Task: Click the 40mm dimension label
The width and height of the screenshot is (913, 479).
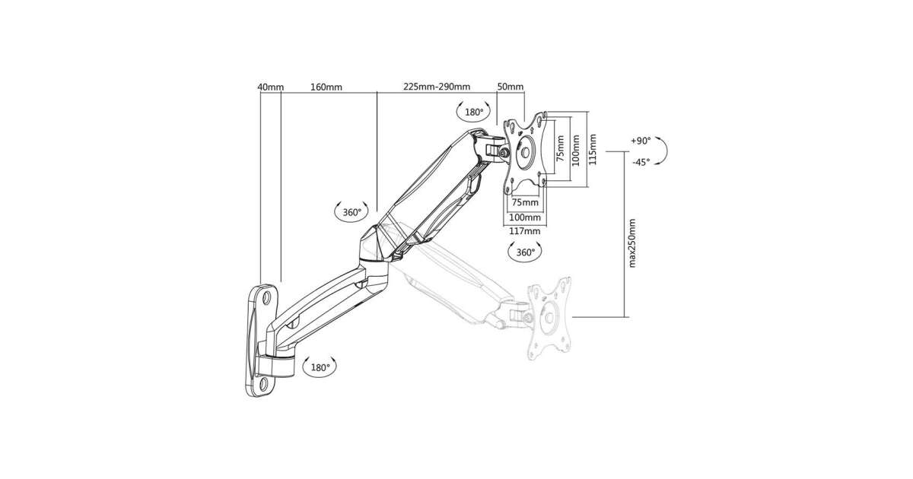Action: [x=271, y=87]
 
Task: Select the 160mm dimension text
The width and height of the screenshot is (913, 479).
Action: [x=326, y=87]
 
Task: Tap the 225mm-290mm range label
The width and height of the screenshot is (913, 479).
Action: [x=437, y=87]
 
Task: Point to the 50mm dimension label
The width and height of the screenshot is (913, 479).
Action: [x=511, y=87]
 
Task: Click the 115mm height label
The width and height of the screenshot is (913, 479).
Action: [x=593, y=150]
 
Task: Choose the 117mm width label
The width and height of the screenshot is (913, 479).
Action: [x=525, y=231]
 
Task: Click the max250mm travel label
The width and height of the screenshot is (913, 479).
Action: [x=632, y=243]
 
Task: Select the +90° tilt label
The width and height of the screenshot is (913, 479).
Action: [x=641, y=141]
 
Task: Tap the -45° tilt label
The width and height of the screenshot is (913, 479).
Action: [x=641, y=162]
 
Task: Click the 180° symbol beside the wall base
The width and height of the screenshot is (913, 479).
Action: [x=320, y=367]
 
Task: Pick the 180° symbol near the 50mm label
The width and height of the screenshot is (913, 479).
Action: [x=474, y=112]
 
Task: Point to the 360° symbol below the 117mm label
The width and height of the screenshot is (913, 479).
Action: [x=526, y=252]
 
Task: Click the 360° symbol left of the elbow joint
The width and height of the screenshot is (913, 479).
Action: [x=352, y=212]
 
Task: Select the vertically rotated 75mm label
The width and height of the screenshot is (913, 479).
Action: [x=561, y=148]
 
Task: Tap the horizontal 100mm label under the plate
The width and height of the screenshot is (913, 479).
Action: [x=525, y=217]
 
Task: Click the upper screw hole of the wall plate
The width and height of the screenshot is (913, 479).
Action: [x=266, y=297]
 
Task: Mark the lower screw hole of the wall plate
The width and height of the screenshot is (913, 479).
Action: [x=263, y=383]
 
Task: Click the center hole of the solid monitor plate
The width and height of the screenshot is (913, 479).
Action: [x=525, y=152]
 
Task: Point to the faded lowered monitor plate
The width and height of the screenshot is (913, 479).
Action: [x=549, y=319]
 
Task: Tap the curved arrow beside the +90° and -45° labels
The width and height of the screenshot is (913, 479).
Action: [x=666, y=151]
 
